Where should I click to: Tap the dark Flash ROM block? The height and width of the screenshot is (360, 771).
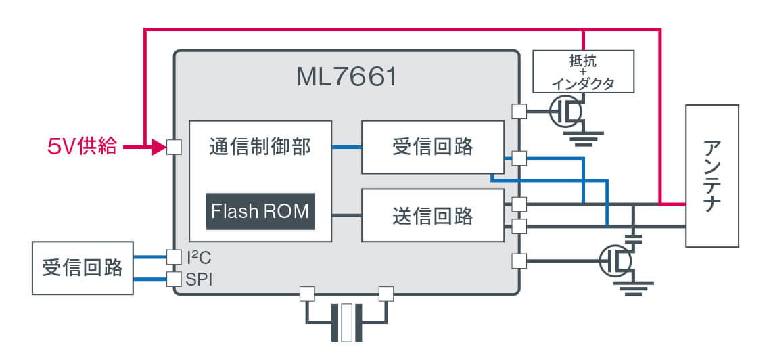(260, 211)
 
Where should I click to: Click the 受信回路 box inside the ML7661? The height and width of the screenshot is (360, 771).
(433, 147)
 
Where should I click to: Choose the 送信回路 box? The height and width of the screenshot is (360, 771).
(433, 216)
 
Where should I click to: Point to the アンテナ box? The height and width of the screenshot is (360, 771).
(711, 176)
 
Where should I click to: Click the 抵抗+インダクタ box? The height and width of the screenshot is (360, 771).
(584, 71)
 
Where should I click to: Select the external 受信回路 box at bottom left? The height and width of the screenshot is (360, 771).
(83, 268)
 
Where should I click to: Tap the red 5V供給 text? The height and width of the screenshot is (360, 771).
(82, 146)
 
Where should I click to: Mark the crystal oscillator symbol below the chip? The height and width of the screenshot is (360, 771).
(347, 323)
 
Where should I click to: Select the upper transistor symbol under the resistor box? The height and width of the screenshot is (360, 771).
(566, 112)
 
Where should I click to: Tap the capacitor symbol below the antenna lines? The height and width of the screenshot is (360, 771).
(634, 238)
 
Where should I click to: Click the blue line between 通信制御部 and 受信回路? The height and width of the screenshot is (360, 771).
(346, 147)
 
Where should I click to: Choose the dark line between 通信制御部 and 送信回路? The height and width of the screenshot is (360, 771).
(346, 216)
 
